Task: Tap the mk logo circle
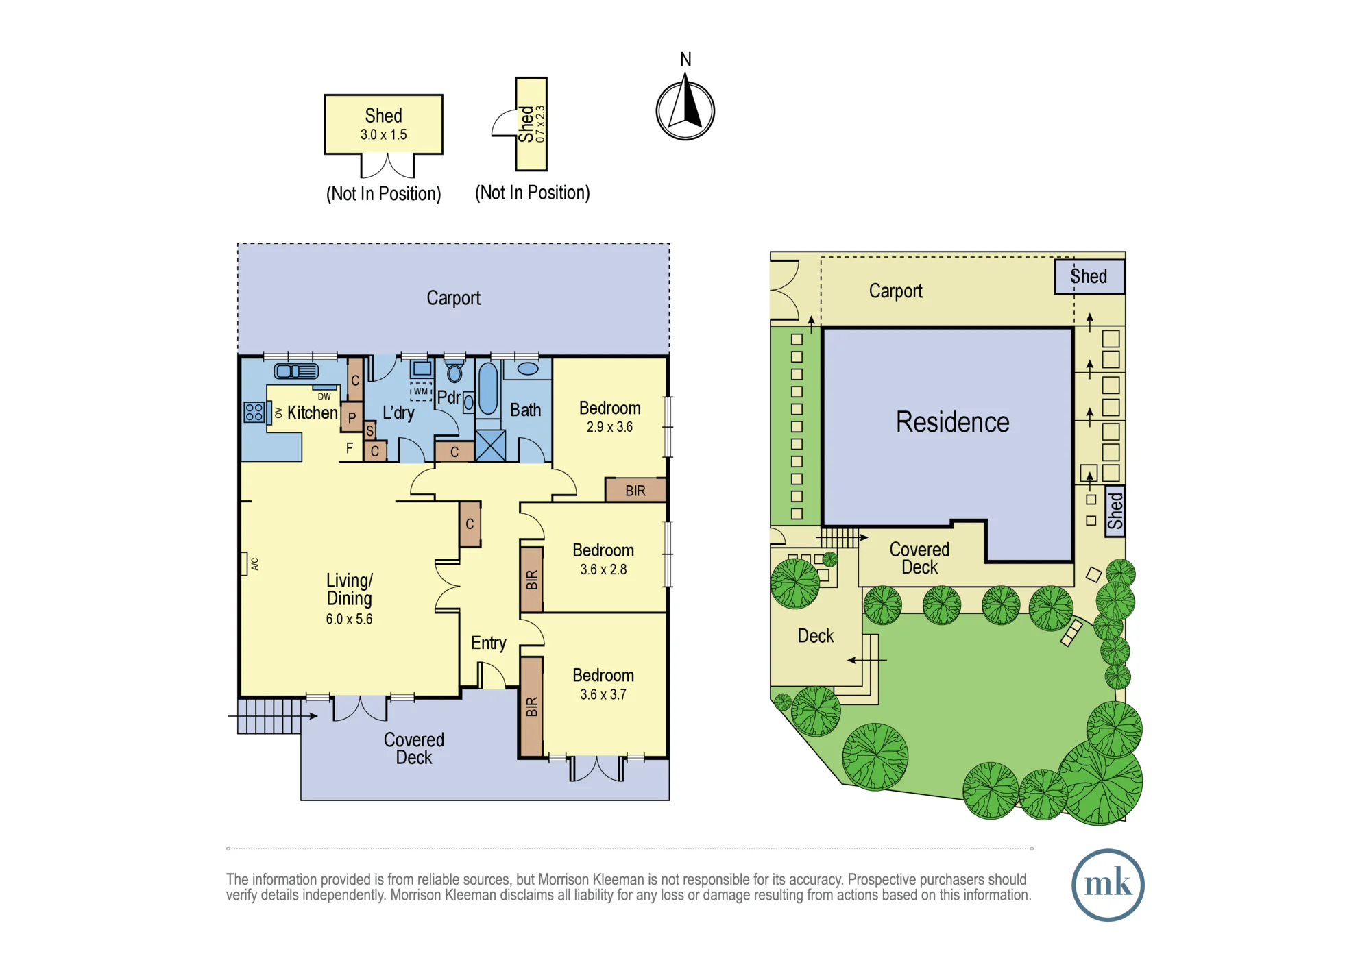1108,885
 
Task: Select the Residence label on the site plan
952,422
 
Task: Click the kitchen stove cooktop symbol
254,412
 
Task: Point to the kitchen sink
296,371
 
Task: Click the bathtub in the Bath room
488,389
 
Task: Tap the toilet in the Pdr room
454,373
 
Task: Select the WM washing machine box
421,391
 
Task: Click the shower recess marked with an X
490,445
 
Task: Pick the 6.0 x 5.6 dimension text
350,620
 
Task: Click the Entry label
488,643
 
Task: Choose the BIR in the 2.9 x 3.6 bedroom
635,491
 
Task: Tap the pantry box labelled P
352,417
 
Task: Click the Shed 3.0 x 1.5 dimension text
384,135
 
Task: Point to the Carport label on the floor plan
453,298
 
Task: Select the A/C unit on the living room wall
244,564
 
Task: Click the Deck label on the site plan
816,636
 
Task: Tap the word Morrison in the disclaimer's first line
565,879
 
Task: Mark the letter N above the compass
685,60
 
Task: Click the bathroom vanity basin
528,369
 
